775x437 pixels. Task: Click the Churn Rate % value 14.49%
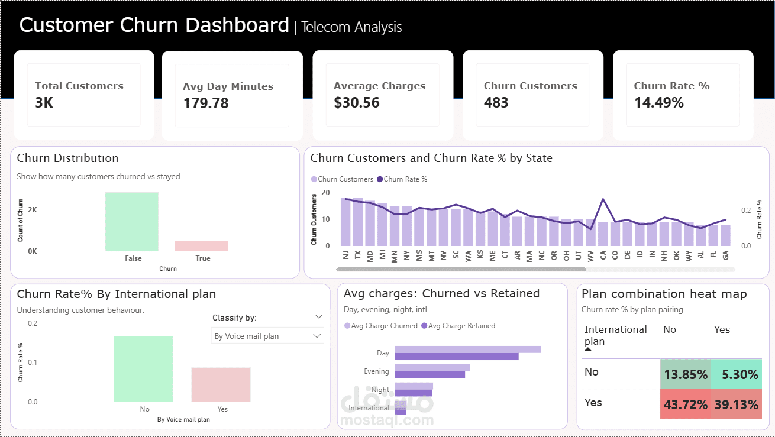point(658,103)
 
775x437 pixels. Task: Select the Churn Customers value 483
point(496,103)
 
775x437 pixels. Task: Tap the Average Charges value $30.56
point(356,103)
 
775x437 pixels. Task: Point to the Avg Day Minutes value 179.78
point(205,103)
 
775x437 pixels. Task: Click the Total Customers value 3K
point(44,103)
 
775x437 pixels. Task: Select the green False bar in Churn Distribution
point(132,221)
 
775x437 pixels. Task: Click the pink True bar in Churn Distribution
point(201,245)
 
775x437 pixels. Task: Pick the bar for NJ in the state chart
point(345,222)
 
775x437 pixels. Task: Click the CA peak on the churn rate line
point(603,199)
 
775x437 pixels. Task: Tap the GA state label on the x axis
point(725,255)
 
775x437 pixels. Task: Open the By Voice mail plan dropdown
point(267,336)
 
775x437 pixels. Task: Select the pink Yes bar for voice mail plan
point(221,384)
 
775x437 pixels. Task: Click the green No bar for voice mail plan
point(143,368)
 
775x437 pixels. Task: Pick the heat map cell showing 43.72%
point(685,404)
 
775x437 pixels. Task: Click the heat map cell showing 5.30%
point(736,374)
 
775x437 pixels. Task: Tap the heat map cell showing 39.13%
point(736,404)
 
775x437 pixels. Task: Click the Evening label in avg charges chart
point(376,371)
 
